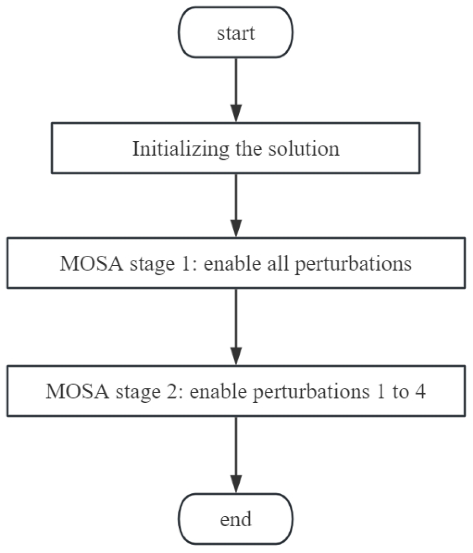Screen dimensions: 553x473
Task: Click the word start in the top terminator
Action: tap(236, 33)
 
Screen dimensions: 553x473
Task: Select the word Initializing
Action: tap(181, 149)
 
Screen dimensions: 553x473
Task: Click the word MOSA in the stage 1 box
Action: tap(91, 263)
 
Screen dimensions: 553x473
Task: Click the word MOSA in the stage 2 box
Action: tap(78, 392)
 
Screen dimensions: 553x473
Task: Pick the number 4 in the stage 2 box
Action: tap(420, 392)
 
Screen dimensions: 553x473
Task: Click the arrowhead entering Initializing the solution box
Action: tap(236, 113)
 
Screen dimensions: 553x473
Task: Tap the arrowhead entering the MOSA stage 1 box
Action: tap(236, 228)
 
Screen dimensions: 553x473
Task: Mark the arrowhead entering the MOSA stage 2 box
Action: tap(236, 355)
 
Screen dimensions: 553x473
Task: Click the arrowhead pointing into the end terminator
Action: tap(236, 483)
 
